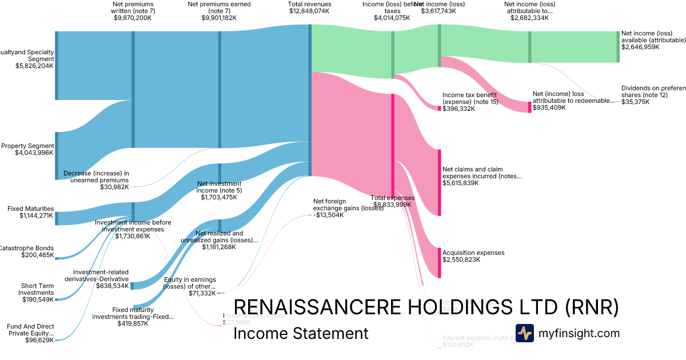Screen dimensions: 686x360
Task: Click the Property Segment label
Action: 27,146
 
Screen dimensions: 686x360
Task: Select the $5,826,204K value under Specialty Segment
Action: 34,66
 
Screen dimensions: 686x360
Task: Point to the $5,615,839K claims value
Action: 461,183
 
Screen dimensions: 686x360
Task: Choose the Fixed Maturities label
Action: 31,209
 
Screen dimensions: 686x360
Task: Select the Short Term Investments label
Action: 38,289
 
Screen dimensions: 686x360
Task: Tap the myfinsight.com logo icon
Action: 524,333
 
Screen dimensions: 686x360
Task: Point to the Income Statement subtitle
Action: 301,333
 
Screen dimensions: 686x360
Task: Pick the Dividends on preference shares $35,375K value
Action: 640,102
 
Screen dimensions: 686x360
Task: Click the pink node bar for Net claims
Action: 440,182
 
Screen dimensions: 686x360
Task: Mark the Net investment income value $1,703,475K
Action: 220,197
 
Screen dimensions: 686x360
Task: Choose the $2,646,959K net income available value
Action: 640,47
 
